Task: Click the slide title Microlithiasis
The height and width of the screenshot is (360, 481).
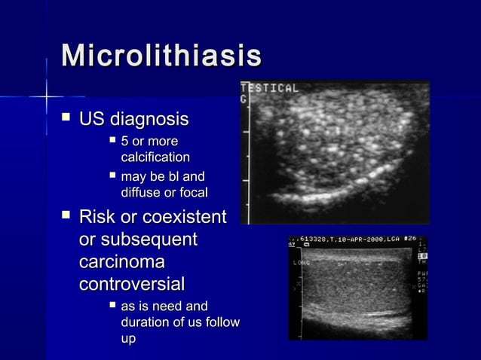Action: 161,56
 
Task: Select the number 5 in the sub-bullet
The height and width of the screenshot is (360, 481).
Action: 124,142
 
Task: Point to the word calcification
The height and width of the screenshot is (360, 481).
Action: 155,157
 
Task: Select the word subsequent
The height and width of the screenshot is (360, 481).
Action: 149,239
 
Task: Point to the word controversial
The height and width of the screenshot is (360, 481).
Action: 132,285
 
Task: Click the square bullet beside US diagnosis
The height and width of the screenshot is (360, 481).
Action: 66,118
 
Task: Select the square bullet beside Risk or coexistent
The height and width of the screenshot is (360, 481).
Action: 66,216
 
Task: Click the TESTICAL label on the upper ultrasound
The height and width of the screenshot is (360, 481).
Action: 270,88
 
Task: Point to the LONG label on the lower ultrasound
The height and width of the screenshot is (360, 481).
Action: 301,263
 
